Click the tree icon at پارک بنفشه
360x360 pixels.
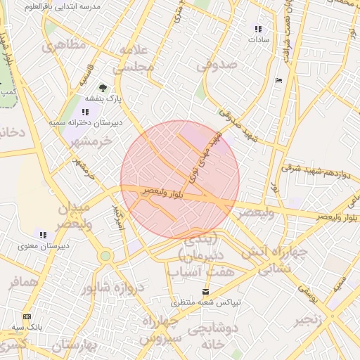coord(103,89)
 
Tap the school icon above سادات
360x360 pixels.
coord(258,30)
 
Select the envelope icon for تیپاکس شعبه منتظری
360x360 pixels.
coord(205,291)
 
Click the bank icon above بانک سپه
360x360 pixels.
coord(27,317)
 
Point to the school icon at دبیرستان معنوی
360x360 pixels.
coord(42,235)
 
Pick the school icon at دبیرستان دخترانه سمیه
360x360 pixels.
coord(85,112)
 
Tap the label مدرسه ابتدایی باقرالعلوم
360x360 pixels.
coord(63,6)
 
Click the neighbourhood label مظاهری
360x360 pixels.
coord(64,46)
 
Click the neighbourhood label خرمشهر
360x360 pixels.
coord(91,141)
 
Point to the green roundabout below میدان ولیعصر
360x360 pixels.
coord(105,256)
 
